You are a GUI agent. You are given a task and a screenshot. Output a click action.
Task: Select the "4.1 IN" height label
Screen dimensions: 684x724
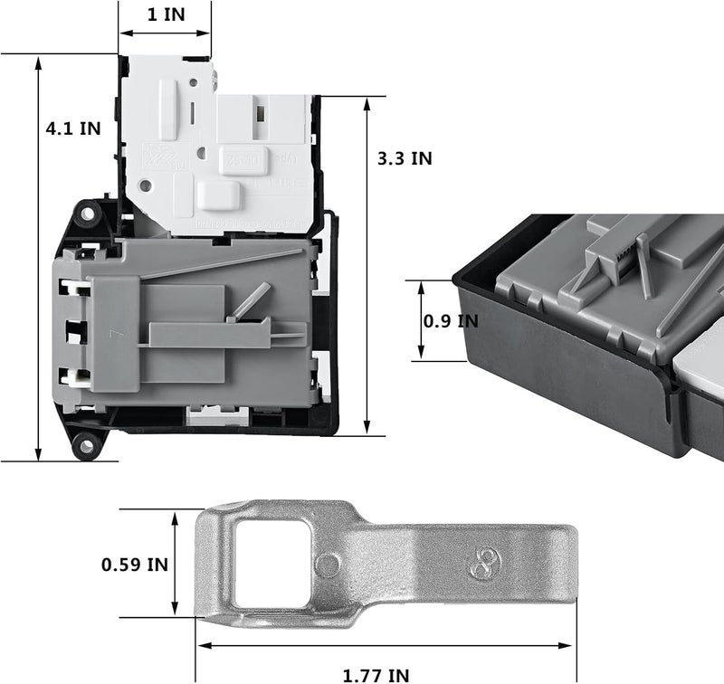pos(73,128)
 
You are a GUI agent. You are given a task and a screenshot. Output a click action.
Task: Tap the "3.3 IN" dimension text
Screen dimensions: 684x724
pos(405,157)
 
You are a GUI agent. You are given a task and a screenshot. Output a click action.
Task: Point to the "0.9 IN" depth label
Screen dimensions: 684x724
pos(452,320)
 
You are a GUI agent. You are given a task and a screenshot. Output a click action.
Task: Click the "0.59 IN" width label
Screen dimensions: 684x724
pos(134,564)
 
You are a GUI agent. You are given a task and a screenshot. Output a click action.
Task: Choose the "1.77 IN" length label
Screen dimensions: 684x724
pos(376,674)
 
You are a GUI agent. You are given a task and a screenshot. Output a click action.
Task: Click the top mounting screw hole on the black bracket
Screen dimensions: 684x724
pos(88,214)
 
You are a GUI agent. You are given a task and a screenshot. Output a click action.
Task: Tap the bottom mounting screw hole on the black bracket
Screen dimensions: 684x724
pos(86,442)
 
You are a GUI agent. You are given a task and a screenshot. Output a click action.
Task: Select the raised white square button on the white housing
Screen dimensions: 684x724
pos(217,194)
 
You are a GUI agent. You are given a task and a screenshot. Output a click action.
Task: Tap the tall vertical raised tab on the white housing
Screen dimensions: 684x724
pos(168,109)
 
